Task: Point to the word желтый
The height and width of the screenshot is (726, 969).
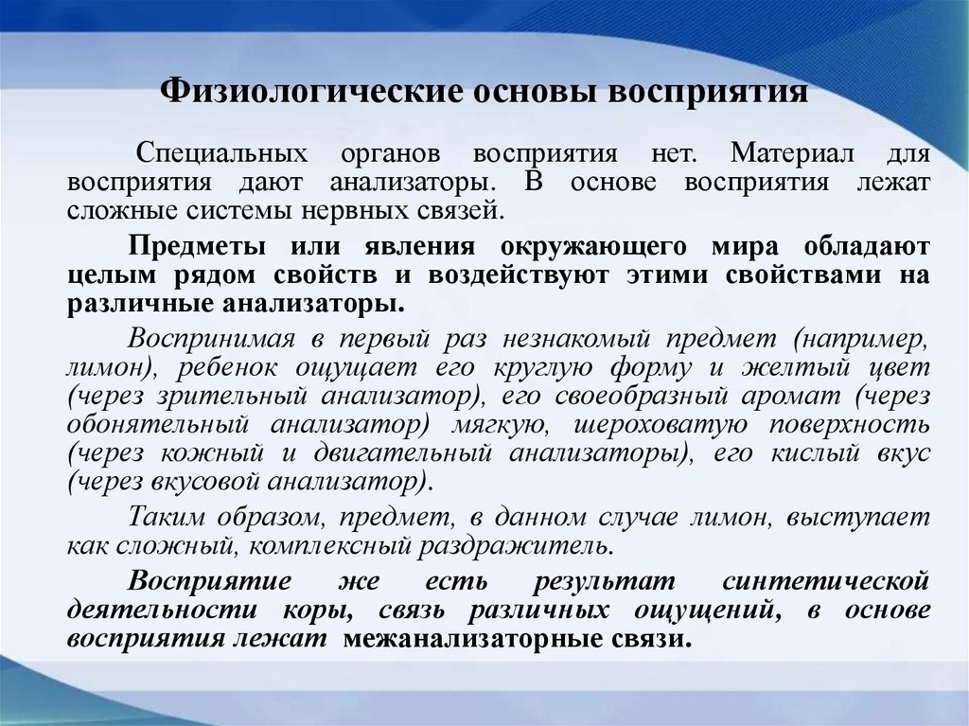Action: coord(796,367)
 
